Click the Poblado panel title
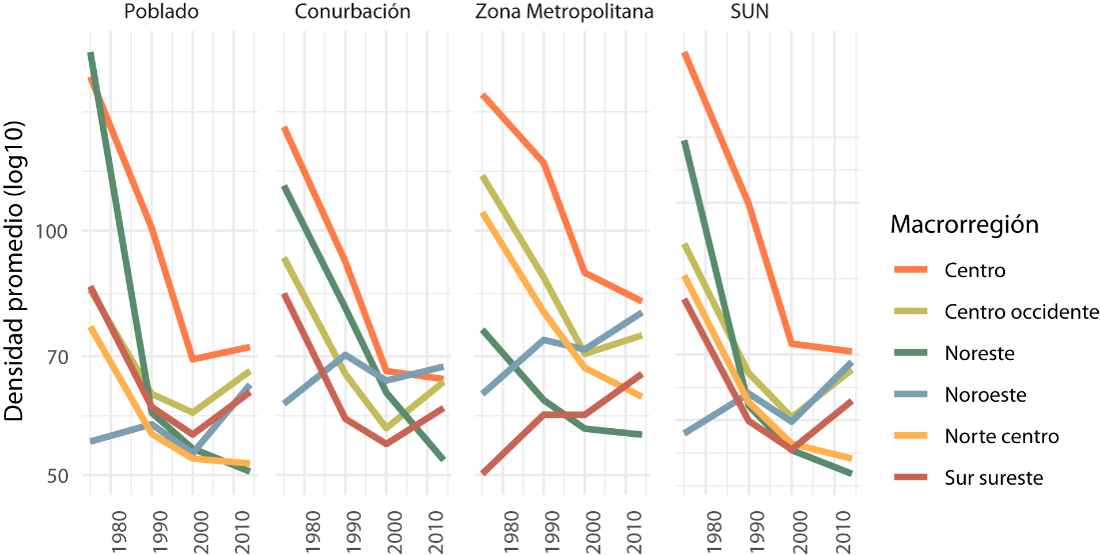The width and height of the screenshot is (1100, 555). [x=160, y=12]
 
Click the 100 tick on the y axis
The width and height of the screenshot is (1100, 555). [x=52, y=231]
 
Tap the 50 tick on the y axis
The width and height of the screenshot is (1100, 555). [x=57, y=475]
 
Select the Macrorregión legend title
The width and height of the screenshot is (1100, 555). [x=964, y=225]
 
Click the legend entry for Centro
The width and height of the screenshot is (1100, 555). [x=974, y=270]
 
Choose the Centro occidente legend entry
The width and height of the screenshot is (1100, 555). [x=1021, y=312]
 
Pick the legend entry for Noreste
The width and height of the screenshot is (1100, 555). [x=979, y=353]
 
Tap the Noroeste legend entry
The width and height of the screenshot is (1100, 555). [x=983, y=395]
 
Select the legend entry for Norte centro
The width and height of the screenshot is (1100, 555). [x=1001, y=436]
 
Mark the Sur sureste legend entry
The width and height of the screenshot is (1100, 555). [x=993, y=478]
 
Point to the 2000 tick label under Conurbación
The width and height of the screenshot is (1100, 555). [x=394, y=531]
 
